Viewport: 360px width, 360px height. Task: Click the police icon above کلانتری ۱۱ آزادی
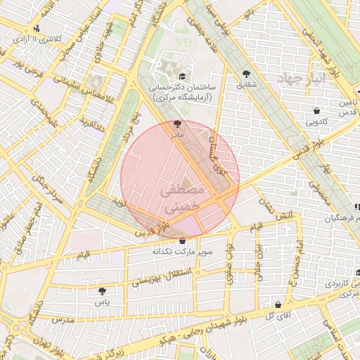coord(37,29)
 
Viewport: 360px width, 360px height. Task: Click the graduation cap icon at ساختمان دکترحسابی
coord(183,76)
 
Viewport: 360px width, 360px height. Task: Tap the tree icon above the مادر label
coord(176,123)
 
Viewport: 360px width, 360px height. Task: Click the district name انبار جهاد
coord(300,79)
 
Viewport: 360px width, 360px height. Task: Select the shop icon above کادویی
coord(316,110)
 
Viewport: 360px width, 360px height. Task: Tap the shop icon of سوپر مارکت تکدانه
coord(182,240)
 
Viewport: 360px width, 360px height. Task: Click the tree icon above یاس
coord(103,290)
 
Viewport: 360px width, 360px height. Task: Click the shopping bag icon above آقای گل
coord(279,305)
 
